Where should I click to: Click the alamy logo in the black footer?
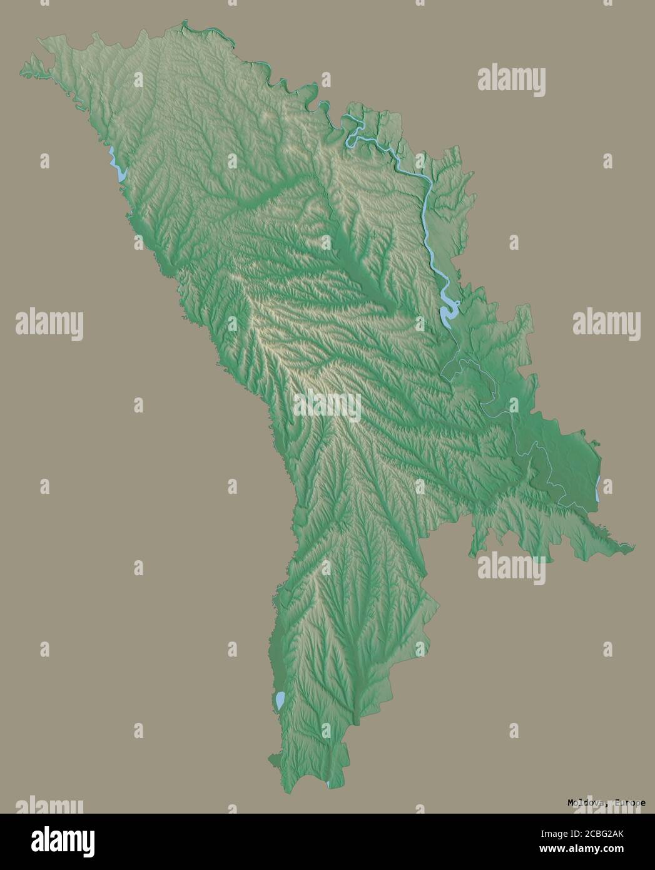64,841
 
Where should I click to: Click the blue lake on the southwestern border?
280,700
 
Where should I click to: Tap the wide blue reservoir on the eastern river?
449,312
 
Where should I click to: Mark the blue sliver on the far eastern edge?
598,488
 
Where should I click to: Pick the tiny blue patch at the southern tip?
328,784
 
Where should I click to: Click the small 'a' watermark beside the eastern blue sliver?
607,486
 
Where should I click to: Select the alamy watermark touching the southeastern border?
511,568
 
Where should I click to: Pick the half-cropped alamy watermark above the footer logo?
49,805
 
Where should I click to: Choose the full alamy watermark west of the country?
49,324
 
